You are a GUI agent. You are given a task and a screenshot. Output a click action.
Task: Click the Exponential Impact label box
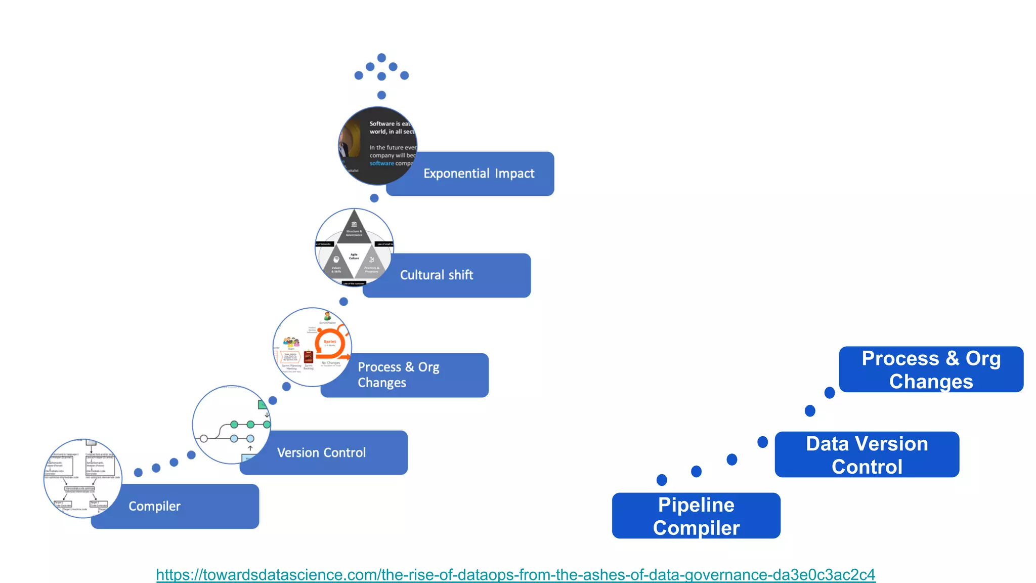point(478,174)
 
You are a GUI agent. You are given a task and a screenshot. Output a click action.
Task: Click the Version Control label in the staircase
point(321,452)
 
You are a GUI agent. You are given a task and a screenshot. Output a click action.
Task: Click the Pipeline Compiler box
point(696,516)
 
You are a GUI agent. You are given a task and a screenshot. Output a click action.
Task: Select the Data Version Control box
point(867,454)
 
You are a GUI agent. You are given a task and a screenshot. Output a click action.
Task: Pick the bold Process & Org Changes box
point(931,369)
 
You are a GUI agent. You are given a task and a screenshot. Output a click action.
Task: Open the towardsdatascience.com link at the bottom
point(515,574)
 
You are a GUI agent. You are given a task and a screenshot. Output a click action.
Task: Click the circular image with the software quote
point(377,146)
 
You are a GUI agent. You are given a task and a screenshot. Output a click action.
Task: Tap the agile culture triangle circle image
point(354,247)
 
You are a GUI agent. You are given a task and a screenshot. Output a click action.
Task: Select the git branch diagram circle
point(231,425)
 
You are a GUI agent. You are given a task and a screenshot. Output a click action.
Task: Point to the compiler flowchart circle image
point(82,478)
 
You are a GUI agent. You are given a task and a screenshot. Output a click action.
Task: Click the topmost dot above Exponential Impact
point(382,58)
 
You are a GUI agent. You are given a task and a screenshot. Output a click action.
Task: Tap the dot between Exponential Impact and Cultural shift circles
point(374,198)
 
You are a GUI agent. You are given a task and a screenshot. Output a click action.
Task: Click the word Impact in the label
point(514,174)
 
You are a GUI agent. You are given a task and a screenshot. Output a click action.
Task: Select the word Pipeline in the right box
point(696,505)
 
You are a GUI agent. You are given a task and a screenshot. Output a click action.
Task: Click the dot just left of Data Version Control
point(762,442)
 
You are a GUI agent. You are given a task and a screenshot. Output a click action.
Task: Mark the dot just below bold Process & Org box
point(830,393)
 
